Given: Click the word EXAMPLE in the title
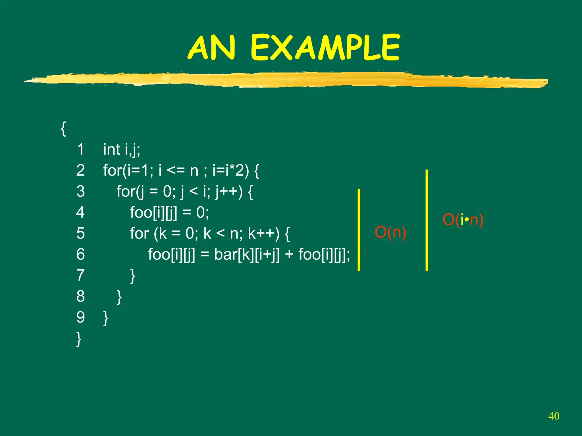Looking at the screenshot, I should [x=325, y=48].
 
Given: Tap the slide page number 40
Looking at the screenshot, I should [x=554, y=416].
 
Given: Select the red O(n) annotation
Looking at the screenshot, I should [x=390, y=232].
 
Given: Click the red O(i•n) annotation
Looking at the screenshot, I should [x=463, y=220].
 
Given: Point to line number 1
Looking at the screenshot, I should [x=80, y=149].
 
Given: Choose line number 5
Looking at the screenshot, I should [x=80, y=233].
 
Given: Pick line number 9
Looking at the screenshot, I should [x=80, y=317].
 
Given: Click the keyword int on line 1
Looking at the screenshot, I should [x=111, y=149].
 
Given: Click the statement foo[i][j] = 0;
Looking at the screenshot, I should [x=169, y=213].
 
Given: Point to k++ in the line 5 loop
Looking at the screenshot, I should [x=263, y=234].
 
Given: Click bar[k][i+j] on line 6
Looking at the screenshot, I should [x=247, y=255].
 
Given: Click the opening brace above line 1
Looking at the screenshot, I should [x=63, y=129].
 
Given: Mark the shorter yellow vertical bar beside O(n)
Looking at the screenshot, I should [x=359, y=230].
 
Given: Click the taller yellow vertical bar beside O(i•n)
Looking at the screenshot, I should [x=427, y=220].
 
